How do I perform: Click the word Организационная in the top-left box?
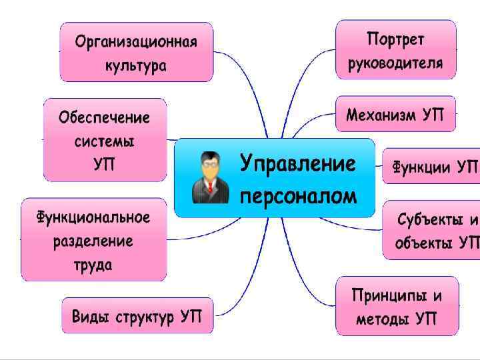pos(135,43)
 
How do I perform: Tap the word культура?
pos(135,66)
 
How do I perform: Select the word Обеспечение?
pos(104,118)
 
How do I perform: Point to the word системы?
pos(104,141)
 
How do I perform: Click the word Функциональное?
pos(93,217)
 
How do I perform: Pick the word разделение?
pos(93,241)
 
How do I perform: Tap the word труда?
pos(93,264)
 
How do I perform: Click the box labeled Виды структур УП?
pos(138,316)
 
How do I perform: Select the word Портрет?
pos(395,39)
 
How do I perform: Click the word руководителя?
pos(395,63)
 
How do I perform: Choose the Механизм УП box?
pos(395,115)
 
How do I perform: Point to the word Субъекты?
pos(427,220)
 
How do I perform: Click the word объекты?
pos(423,243)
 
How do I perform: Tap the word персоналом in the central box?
pos(297,195)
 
